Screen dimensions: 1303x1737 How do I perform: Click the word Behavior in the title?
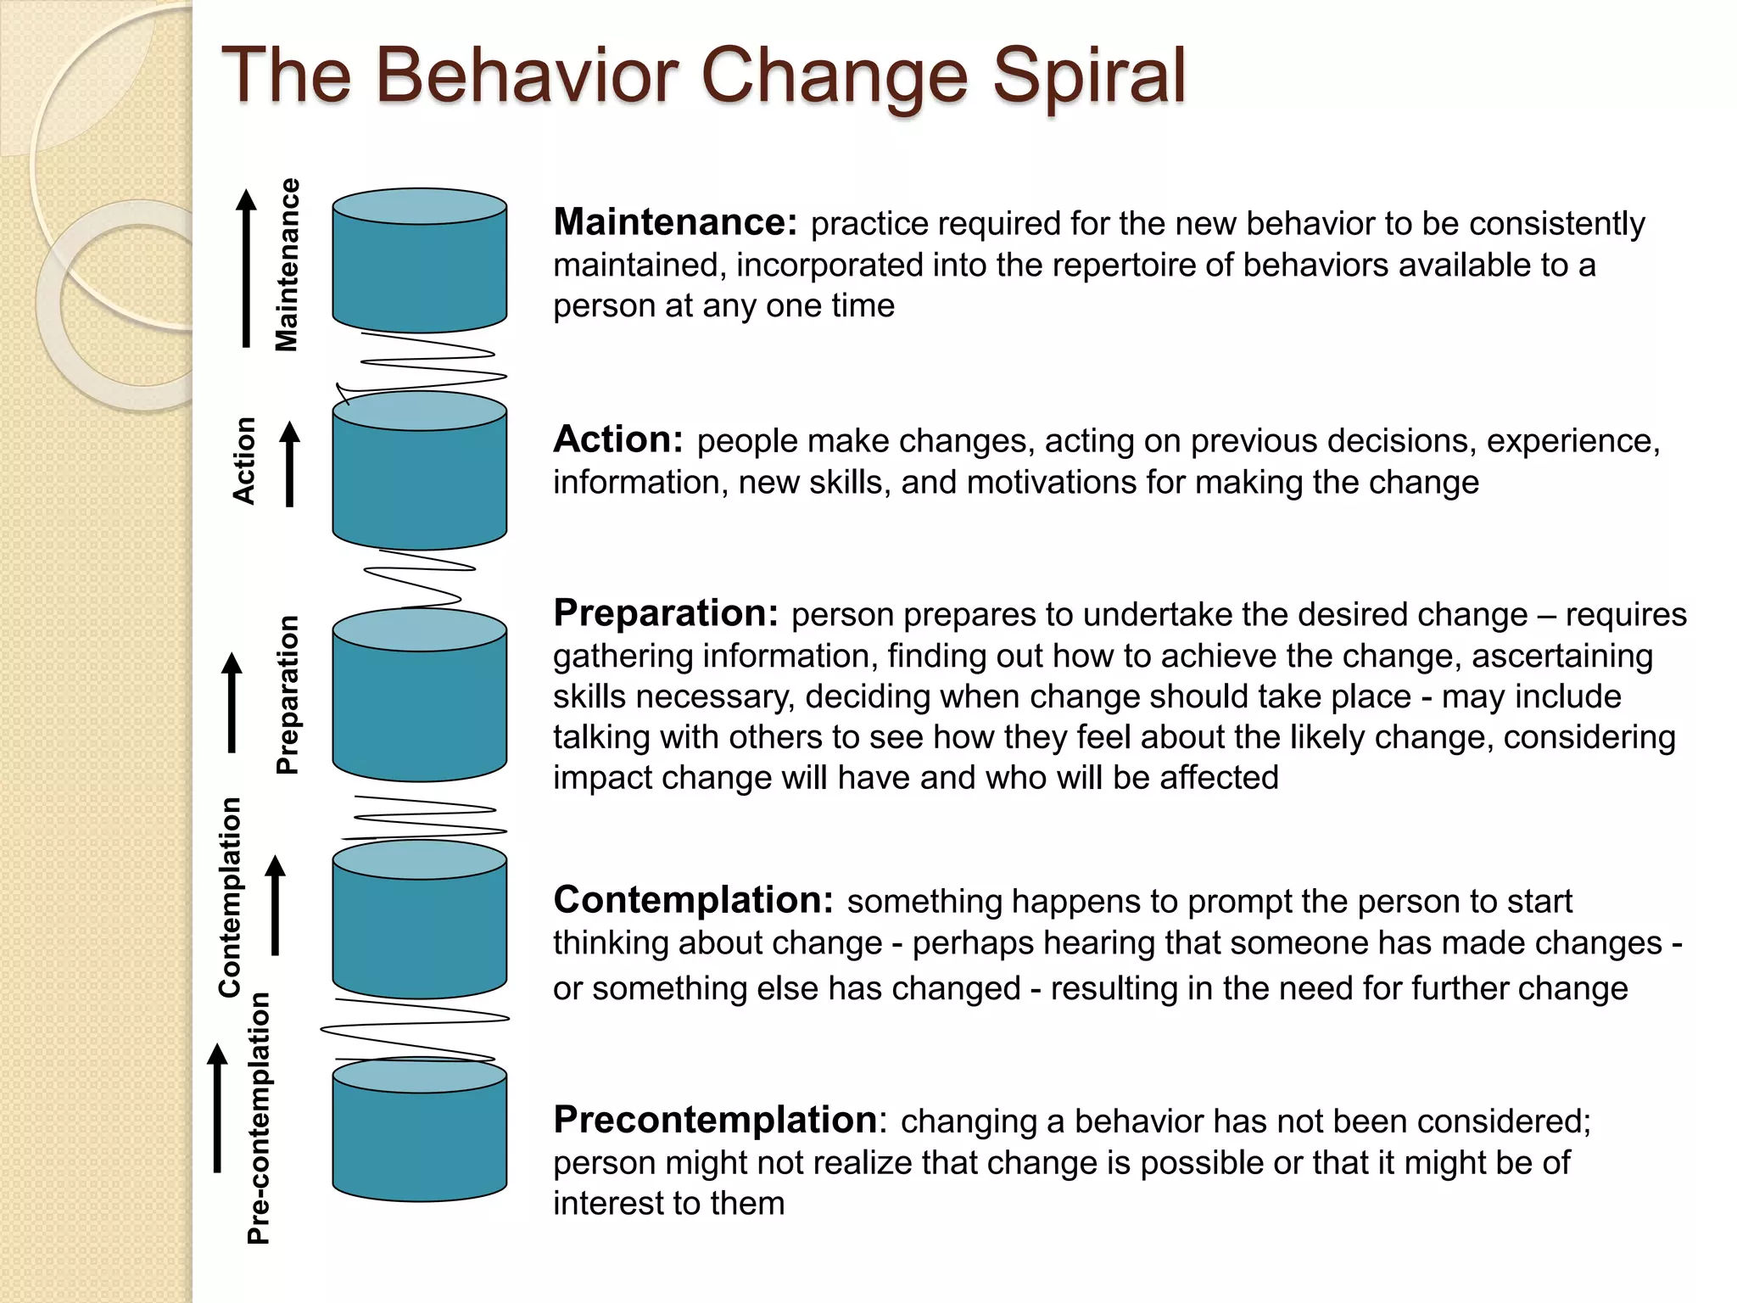point(526,76)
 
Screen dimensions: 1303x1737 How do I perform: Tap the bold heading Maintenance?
point(675,222)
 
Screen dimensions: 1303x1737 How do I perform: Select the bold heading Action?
point(618,439)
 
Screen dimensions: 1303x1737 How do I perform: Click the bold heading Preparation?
point(666,612)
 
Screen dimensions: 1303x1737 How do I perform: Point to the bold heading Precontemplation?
point(715,1120)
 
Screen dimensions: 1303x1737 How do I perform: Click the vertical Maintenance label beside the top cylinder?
point(287,265)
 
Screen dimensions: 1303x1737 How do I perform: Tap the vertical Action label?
point(244,461)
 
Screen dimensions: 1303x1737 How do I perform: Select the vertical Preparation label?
point(288,695)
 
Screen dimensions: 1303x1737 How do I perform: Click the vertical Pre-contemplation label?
point(258,1118)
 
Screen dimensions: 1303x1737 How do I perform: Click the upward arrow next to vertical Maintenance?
point(246,267)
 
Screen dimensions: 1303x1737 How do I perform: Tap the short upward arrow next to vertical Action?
point(290,464)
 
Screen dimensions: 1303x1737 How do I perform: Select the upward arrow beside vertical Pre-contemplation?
point(218,1108)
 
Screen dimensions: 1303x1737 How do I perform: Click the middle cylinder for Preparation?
point(419,696)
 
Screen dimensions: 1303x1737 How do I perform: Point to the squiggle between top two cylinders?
point(428,363)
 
